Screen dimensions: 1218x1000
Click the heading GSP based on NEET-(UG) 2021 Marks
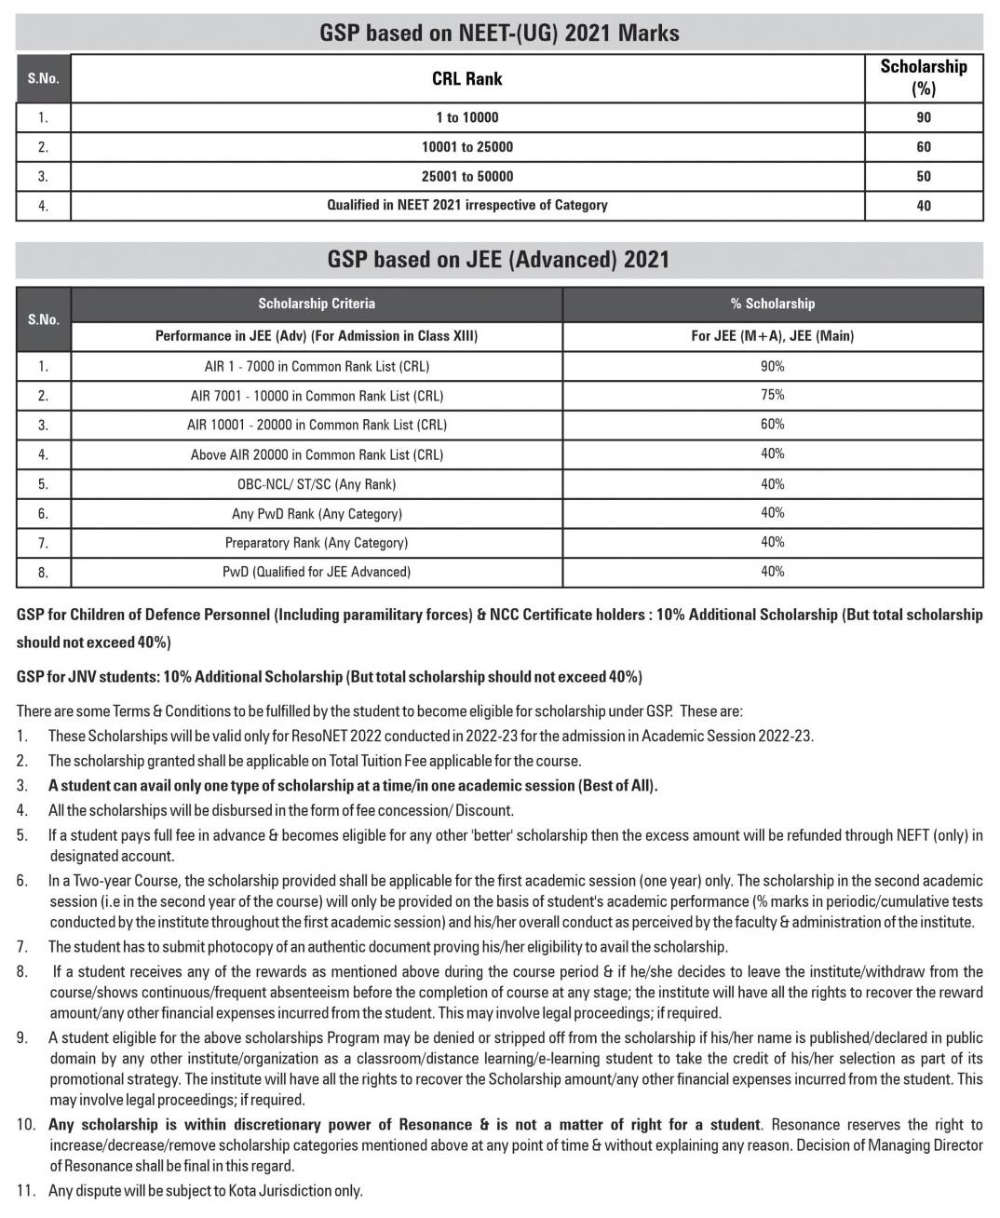click(499, 34)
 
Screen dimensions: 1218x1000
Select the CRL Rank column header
click(466, 79)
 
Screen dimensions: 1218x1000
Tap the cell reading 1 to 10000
click(466, 117)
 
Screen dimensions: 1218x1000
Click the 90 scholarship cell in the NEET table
click(923, 117)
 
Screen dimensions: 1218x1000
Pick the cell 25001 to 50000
click(466, 176)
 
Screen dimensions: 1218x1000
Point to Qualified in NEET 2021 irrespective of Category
click(466, 205)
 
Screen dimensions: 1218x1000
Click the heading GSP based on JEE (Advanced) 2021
click(498, 259)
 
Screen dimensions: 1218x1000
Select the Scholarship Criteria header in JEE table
click(317, 304)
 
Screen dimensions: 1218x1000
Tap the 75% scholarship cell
click(772, 395)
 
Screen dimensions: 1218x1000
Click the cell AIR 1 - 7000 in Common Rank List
click(317, 366)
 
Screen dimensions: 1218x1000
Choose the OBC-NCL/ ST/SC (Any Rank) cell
click(317, 484)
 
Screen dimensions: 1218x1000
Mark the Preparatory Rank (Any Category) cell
click(317, 543)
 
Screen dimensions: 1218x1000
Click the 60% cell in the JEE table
click(772, 425)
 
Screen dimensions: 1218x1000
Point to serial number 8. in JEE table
click(43, 573)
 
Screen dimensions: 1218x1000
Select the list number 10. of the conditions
click(26, 1125)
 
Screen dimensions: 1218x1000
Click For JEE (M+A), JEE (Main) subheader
click(772, 336)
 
